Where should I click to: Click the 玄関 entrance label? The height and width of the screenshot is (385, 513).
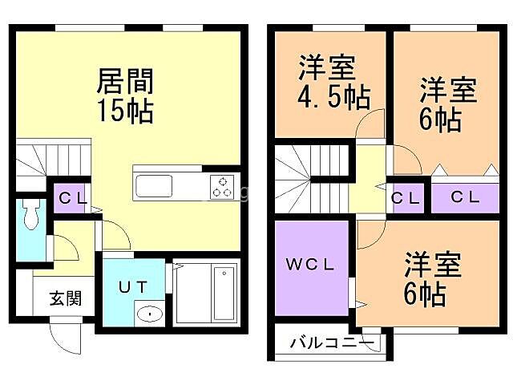tap(65, 299)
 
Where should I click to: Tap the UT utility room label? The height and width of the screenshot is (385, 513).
tap(132, 286)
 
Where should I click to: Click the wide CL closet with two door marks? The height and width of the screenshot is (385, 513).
tap(466, 197)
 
